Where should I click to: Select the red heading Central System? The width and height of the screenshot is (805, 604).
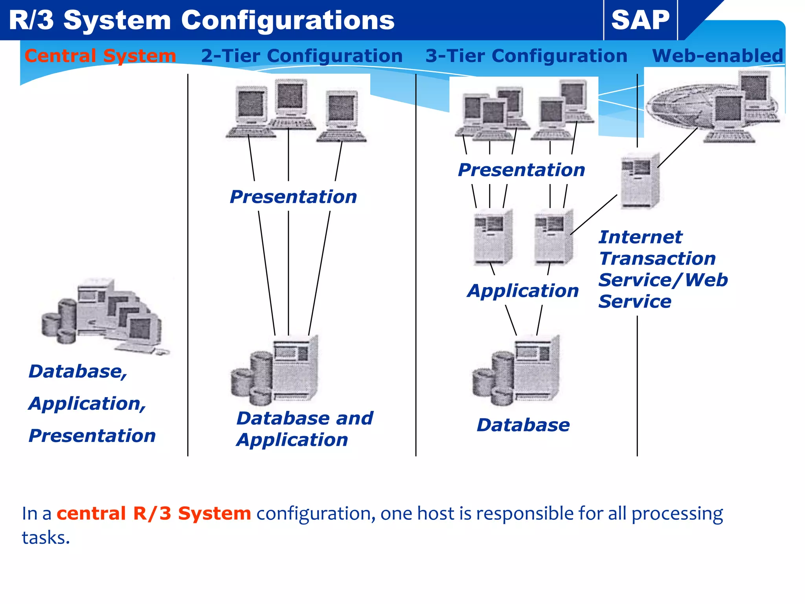[x=100, y=56]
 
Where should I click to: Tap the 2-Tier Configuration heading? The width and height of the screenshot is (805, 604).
[x=301, y=56]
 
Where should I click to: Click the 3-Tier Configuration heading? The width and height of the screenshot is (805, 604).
[x=526, y=56]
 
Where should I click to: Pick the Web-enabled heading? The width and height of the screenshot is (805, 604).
[x=717, y=56]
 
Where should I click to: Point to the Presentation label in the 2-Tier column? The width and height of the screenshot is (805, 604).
[x=293, y=197]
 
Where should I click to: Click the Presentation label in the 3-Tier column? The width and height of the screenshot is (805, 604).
[x=521, y=170]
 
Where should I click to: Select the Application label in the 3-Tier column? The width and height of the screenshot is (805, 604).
[x=523, y=291]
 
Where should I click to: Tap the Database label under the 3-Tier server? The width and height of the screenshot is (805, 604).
[x=523, y=425]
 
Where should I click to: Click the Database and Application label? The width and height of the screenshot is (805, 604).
[x=304, y=429]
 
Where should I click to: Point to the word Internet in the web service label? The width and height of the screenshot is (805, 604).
[x=640, y=237]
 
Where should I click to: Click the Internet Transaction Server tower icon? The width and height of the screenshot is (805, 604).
[x=640, y=181]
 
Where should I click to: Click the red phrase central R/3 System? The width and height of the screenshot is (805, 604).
[x=154, y=514]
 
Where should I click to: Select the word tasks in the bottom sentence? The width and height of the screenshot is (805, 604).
[x=45, y=538]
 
